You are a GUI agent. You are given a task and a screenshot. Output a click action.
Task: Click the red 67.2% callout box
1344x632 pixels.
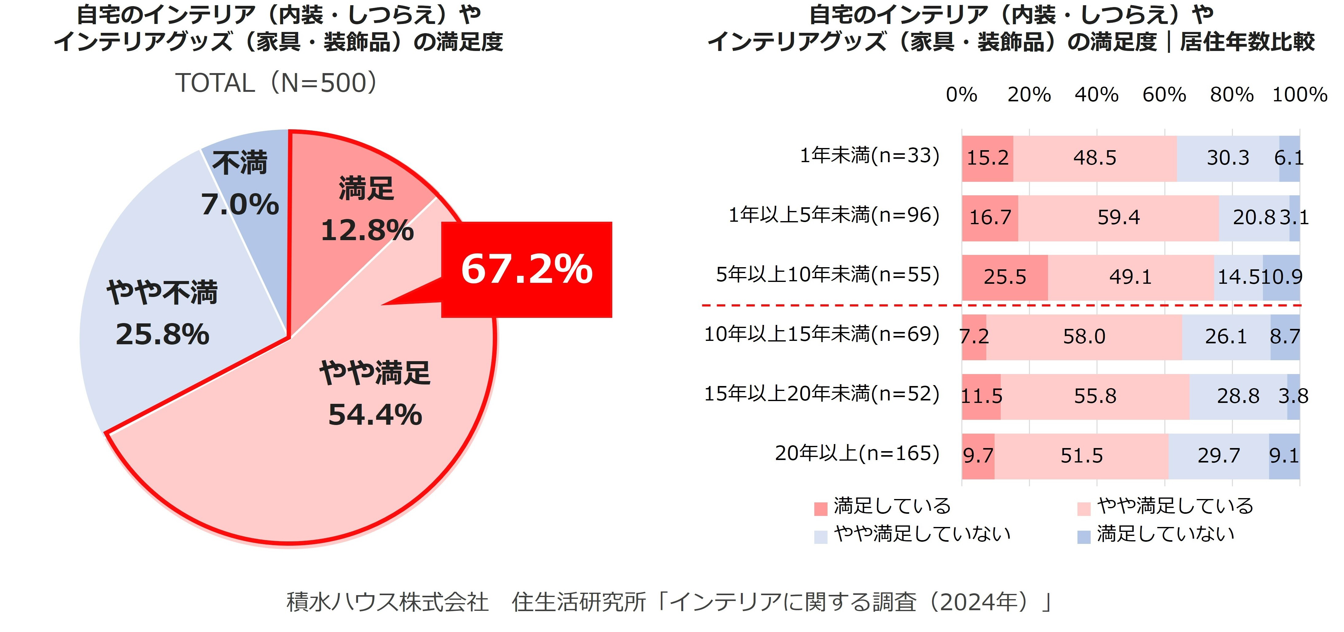pos(526,269)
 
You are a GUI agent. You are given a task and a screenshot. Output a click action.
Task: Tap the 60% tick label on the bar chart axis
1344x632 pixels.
pos(1164,95)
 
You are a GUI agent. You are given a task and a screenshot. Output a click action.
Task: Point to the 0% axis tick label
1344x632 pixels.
pos(962,95)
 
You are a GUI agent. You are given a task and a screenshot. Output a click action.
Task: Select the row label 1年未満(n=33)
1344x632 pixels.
pos(870,155)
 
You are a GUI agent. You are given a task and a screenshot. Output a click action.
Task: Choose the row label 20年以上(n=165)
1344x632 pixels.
pos(857,453)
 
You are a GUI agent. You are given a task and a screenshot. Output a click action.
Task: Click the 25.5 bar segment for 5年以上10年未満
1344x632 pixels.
pos(1005,277)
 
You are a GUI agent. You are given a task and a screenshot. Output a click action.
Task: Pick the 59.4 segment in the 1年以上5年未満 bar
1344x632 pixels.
pos(1118,218)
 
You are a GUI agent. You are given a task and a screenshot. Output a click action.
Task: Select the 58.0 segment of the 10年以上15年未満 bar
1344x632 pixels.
pos(1084,337)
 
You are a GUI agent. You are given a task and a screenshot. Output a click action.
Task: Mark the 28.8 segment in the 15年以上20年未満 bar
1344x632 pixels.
pos(1238,396)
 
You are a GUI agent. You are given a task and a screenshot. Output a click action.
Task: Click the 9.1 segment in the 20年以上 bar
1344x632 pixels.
pos(1284,456)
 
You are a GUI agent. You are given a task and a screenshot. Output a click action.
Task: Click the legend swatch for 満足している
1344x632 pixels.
pos(821,508)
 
